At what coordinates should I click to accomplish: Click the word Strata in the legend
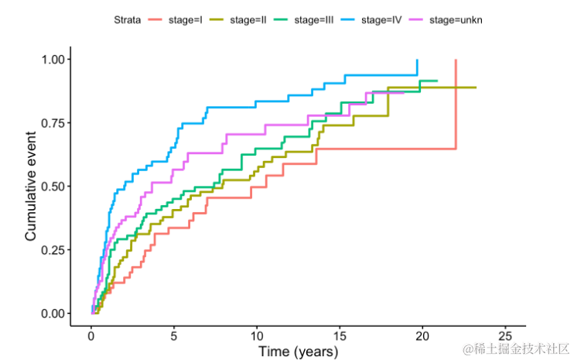pyautogui.click(x=125, y=20)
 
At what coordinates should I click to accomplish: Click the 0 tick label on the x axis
pyautogui.click(x=91, y=334)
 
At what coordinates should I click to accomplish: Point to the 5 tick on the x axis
pyautogui.click(x=174, y=334)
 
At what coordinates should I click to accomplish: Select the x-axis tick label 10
pyautogui.click(x=257, y=334)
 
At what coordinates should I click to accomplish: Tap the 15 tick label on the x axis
pyautogui.click(x=340, y=334)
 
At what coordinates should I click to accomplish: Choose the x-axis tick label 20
pyautogui.click(x=422, y=334)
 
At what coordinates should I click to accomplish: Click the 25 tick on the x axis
pyautogui.click(x=505, y=334)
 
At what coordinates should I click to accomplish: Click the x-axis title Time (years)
pyautogui.click(x=298, y=351)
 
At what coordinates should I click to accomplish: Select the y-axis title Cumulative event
pyautogui.click(x=31, y=186)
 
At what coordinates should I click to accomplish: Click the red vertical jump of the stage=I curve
pyautogui.click(x=456, y=105)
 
